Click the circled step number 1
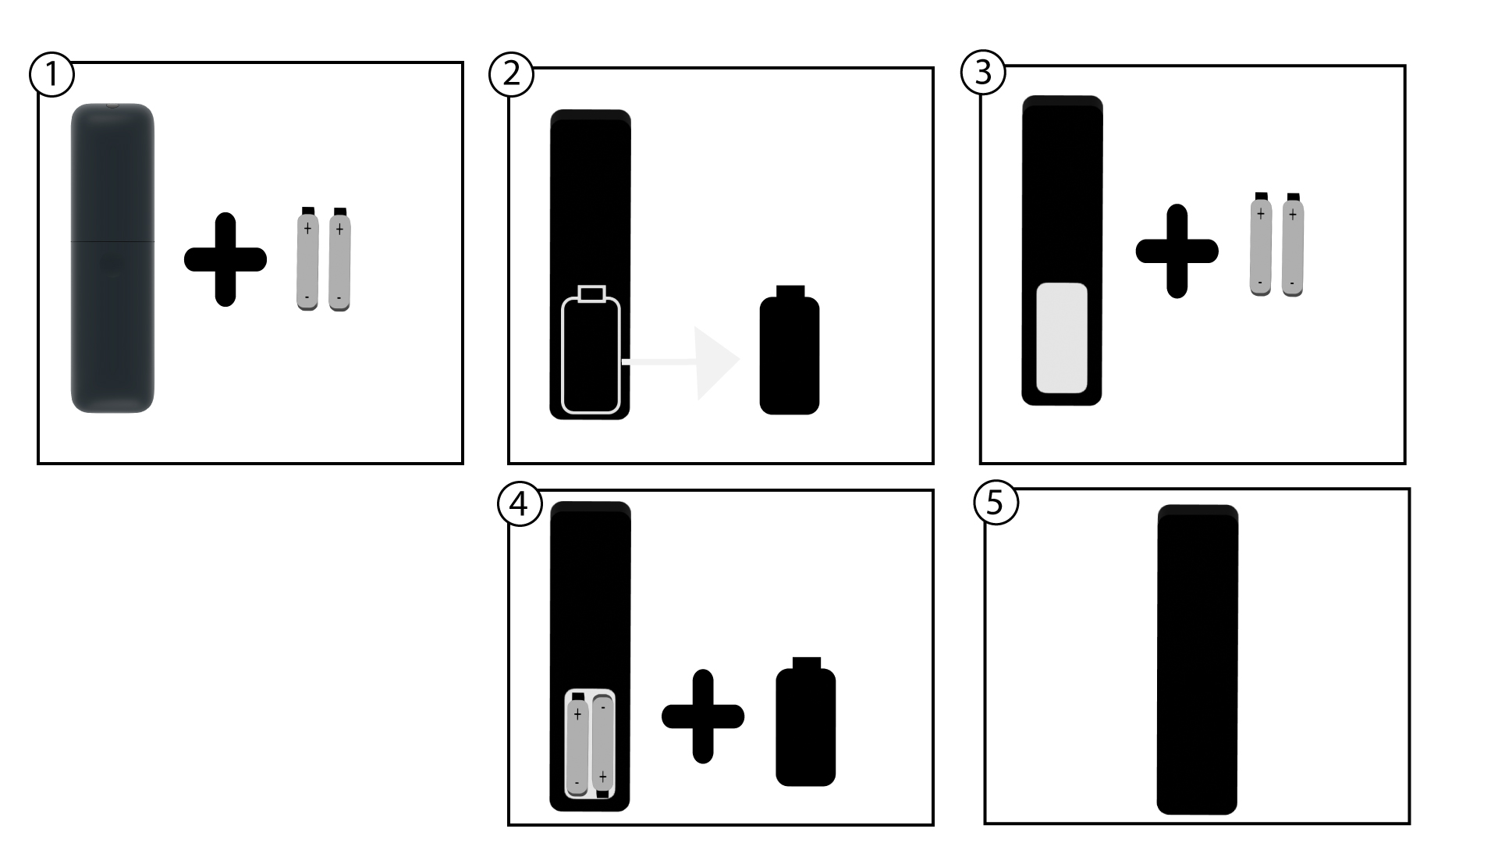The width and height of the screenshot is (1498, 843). pyautogui.click(x=51, y=75)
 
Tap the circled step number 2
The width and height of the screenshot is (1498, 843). pyautogui.click(x=511, y=74)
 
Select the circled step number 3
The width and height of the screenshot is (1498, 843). pyautogui.click(x=983, y=72)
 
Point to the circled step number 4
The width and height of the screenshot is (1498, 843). pyautogui.click(x=519, y=504)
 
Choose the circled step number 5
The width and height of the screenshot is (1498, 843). pyautogui.click(x=996, y=503)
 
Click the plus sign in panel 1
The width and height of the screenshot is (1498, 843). pyautogui.click(x=225, y=259)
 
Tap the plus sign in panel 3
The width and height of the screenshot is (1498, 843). pyautogui.click(x=1177, y=251)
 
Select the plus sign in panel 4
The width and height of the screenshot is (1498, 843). pyautogui.click(x=703, y=716)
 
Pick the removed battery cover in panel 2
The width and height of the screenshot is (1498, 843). pyautogui.click(x=790, y=350)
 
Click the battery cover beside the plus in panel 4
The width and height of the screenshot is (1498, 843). pyautogui.click(x=806, y=721)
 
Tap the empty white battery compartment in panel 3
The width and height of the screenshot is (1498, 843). pyautogui.click(x=1062, y=338)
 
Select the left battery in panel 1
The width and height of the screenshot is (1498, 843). pyautogui.click(x=307, y=259)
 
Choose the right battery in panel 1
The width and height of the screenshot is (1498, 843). pyautogui.click(x=339, y=260)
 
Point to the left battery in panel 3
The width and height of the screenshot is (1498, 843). pyautogui.click(x=1261, y=244)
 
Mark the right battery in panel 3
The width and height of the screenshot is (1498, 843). pyautogui.click(x=1293, y=244)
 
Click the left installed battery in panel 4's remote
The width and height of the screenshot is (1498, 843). pyautogui.click(x=577, y=745)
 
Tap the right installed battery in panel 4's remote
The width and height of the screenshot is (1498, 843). pyautogui.click(x=602, y=745)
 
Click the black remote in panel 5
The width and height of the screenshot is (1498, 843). pyautogui.click(x=1198, y=660)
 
